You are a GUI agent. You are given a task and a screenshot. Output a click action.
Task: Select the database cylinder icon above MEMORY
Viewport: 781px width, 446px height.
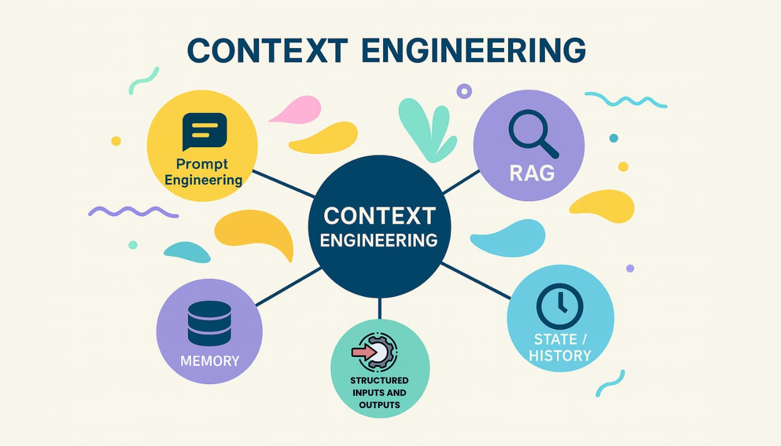[x=209, y=323]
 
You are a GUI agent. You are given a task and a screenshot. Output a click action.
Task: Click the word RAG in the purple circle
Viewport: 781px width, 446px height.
[x=532, y=173]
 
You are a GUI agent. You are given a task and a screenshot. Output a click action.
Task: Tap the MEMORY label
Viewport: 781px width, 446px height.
[x=210, y=361]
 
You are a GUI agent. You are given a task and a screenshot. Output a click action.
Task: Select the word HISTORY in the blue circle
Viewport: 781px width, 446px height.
[x=560, y=355]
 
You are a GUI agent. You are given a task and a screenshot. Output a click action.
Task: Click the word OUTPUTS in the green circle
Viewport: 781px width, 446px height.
[x=379, y=405]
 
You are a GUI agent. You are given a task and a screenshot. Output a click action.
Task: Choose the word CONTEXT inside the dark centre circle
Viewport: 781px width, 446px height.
[x=379, y=215]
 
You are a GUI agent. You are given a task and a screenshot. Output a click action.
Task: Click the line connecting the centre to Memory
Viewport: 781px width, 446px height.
[x=288, y=287]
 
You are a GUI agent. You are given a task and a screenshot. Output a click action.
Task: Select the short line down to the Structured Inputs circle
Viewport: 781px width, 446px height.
[x=379, y=308]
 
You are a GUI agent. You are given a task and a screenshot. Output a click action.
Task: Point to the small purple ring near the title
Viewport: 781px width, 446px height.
[x=464, y=90]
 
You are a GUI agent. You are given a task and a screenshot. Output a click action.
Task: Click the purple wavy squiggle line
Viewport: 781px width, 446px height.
[x=133, y=212]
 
